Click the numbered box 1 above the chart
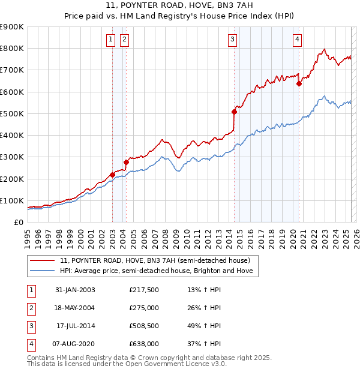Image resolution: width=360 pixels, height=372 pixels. point(112,40)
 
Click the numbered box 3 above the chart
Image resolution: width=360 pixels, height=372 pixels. point(232,40)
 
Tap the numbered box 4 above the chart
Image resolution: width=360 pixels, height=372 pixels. point(297,40)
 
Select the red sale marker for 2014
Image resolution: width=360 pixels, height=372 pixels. point(235,112)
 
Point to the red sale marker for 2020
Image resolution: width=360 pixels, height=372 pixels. point(299,83)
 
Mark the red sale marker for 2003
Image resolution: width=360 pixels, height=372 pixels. point(112,175)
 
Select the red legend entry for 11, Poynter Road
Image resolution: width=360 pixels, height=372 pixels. point(158,260)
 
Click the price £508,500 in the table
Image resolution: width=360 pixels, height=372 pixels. point(143,326)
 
